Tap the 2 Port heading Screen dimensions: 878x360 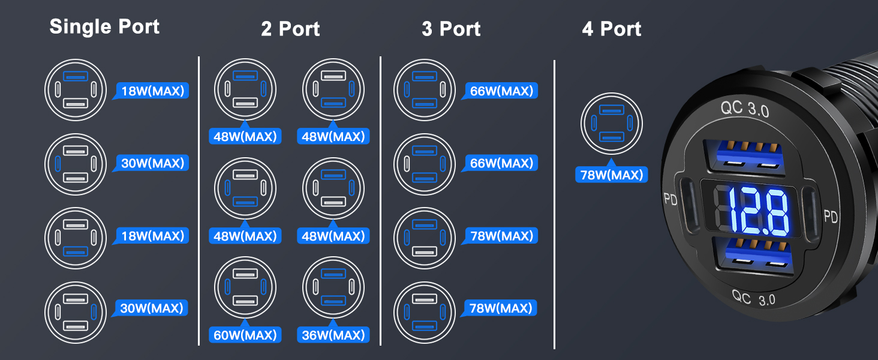tap(290, 29)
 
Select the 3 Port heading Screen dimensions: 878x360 tap(451, 29)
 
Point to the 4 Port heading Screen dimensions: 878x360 tap(612, 29)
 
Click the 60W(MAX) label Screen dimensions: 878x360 tap(245, 335)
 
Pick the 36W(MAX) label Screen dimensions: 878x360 tap(333, 335)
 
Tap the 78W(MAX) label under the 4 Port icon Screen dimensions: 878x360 tap(612, 175)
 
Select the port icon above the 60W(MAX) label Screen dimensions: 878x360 tap(245, 287)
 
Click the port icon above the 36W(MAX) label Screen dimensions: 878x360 tap(333, 287)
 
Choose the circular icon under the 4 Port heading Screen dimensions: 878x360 tap(612, 124)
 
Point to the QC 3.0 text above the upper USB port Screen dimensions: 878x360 tap(745, 109)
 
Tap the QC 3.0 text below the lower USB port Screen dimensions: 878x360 tap(753, 298)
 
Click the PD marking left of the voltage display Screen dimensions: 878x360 tap(670, 199)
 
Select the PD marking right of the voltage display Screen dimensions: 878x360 tap(831, 216)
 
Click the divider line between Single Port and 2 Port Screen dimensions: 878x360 tap(199, 201)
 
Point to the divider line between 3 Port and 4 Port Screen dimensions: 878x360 tap(554, 205)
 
